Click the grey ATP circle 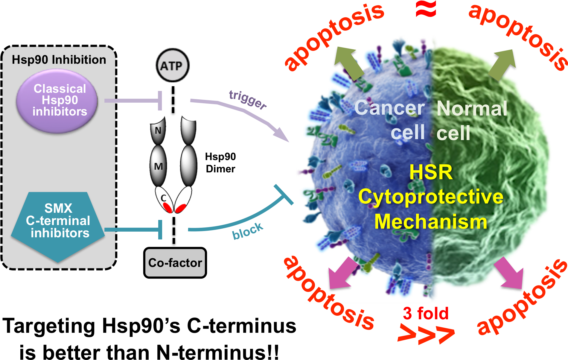click(172, 66)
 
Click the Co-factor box click(175, 263)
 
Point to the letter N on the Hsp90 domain click(158, 130)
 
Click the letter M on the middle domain click(158, 166)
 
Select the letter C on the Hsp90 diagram click(163, 198)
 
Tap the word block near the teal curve click(248, 231)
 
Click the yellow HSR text click(431, 172)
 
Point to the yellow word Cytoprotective click(431, 197)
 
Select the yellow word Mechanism click(431, 222)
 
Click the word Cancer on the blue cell click(389, 108)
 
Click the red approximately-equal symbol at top click(426, 9)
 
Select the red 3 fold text click(425, 313)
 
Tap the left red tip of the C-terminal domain click(168, 207)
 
